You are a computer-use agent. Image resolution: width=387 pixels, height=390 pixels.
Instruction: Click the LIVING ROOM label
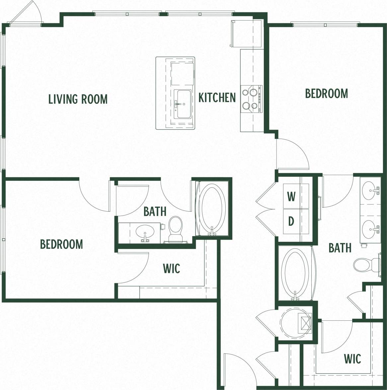click(x=78, y=99)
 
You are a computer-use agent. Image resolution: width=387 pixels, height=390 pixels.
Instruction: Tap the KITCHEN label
click(x=217, y=97)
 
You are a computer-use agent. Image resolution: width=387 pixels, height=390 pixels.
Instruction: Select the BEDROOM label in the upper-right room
click(x=327, y=94)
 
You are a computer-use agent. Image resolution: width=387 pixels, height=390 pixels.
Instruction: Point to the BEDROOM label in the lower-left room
click(x=61, y=244)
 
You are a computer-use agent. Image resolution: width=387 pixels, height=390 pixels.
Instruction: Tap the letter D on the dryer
click(x=291, y=221)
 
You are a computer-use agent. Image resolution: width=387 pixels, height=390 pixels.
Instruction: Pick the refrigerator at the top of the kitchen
click(x=246, y=33)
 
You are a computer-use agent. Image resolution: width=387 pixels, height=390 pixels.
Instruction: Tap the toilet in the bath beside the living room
click(x=175, y=229)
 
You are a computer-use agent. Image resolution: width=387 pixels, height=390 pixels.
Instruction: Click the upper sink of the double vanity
click(x=370, y=190)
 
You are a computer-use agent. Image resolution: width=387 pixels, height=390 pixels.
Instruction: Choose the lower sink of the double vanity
click(x=370, y=228)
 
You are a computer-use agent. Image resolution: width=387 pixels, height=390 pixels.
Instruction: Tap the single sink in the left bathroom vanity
click(x=145, y=231)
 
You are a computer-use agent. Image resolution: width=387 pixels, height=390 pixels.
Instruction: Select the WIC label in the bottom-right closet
click(x=352, y=359)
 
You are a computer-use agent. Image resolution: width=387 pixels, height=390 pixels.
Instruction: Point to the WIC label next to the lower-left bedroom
click(x=171, y=268)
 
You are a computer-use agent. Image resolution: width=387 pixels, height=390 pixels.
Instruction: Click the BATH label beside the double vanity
click(x=340, y=248)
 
